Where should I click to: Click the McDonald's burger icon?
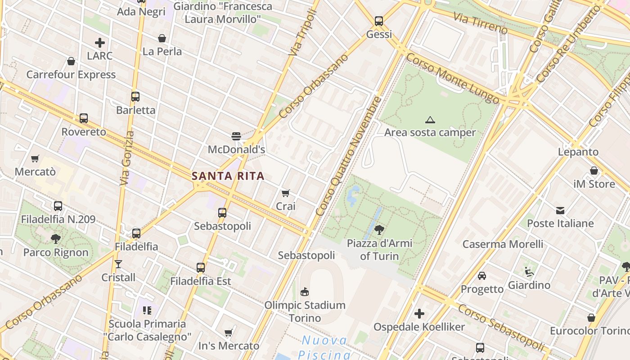coord(236,136)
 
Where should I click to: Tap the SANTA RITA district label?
coord(228,176)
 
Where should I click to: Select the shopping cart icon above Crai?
coord(285,193)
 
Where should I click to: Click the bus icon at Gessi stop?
coord(379,21)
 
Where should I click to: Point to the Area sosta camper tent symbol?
coord(430,120)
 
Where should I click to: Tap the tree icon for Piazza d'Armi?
coord(379,230)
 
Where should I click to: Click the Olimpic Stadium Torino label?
coord(305,311)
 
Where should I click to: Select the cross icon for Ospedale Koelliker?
coord(419,314)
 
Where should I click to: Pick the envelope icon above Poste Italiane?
coord(560,210)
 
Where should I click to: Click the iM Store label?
coord(594,184)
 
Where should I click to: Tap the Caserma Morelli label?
coord(503,244)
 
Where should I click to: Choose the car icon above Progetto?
coord(482,275)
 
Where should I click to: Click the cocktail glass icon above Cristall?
coord(118,264)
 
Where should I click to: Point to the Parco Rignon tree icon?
coord(56,238)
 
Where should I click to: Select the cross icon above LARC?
coord(100,43)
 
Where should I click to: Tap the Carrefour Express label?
coord(71,75)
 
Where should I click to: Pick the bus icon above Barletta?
coord(135,96)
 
